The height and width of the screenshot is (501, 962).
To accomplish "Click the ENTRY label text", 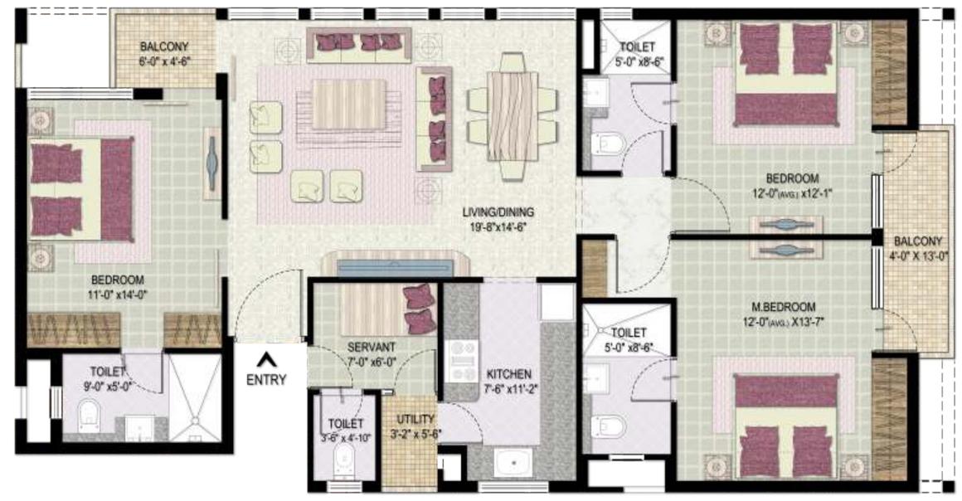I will coord(266,380).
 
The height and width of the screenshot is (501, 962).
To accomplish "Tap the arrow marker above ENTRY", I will coord(266,360).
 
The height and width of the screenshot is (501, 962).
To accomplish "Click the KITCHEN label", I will coord(509,374).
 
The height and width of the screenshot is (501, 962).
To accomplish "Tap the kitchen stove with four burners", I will coord(459,362).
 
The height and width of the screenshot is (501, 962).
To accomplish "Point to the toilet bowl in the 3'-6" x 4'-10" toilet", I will coord(343,460).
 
